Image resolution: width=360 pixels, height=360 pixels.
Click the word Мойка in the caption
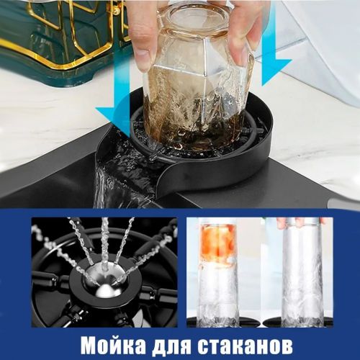point(112,346)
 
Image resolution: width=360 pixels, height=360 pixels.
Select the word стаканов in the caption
point(244,346)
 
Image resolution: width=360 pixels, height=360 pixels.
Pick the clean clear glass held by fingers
point(303,274)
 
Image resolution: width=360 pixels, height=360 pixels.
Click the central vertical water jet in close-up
point(105,243)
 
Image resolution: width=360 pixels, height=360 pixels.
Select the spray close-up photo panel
point(104,272)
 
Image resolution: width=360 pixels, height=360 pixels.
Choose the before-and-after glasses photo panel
point(260,272)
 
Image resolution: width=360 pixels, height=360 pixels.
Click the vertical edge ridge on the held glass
point(204,79)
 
